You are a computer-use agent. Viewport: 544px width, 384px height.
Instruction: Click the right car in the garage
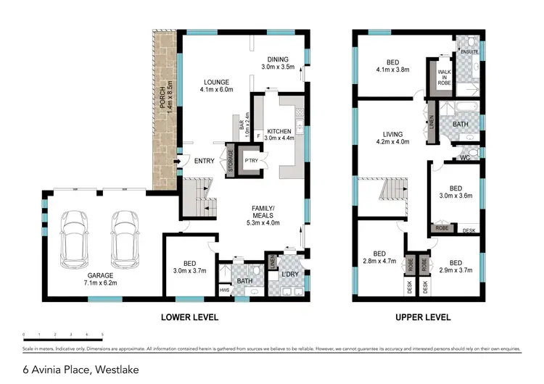click(124, 238)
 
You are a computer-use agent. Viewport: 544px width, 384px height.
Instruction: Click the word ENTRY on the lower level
click(204, 161)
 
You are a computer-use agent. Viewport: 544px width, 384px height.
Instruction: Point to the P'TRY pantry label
click(252, 160)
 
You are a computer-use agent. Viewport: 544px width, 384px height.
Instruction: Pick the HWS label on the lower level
click(223, 291)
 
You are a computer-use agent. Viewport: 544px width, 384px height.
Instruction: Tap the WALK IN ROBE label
click(443, 78)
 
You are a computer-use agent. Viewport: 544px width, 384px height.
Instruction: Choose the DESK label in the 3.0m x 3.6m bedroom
click(469, 230)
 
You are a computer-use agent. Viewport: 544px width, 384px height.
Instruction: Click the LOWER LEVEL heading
click(189, 317)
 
